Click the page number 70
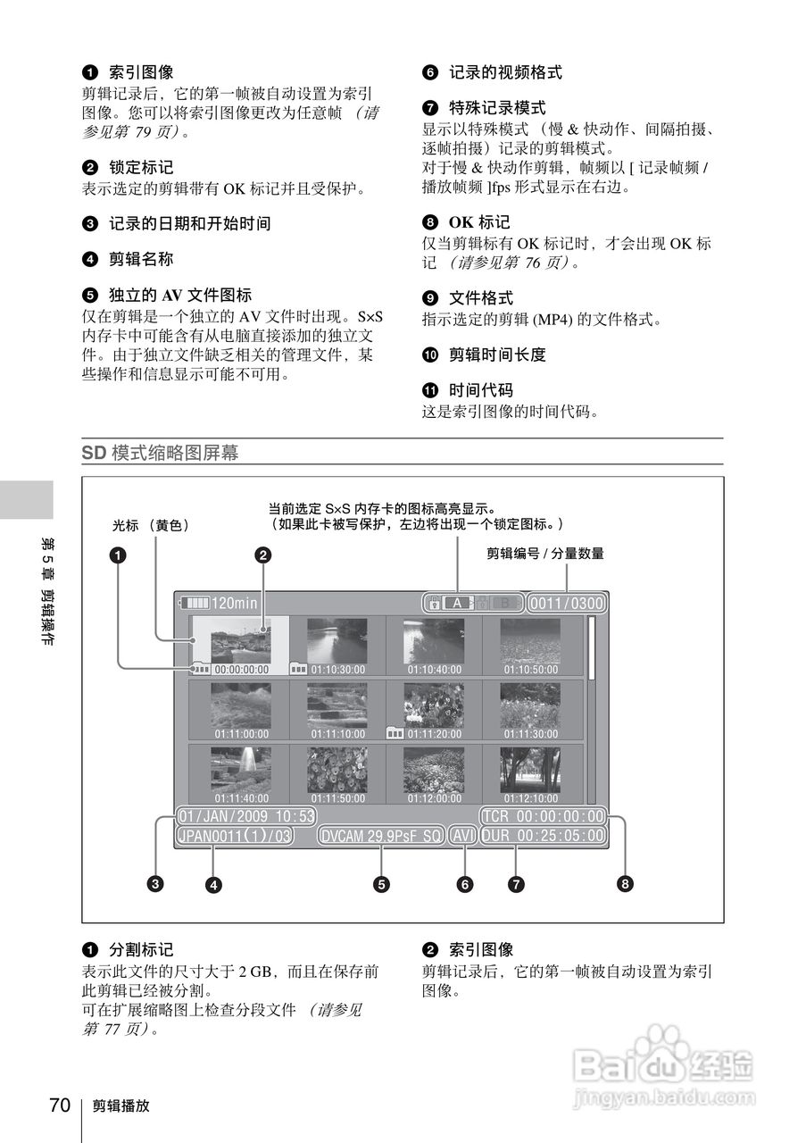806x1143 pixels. [x=60, y=1105]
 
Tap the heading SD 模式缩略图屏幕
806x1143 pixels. [x=160, y=453]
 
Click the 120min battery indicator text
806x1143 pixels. [x=234, y=603]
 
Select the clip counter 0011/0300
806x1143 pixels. [x=566, y=604]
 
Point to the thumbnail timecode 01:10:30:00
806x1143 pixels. [x=338, y=669]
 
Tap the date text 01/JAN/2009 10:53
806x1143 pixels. [x=246, y=816]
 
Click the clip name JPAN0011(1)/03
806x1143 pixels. [x=234, y=837]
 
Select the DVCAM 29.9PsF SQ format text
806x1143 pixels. [x=381, y=837]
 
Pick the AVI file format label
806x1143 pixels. [x=463, y=837]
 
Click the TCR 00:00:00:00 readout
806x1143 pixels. [x=542, y=816]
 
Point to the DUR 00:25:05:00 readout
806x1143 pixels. [x=542, y=837]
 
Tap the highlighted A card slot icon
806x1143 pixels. [x=456, y=604]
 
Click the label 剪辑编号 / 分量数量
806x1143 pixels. [x=544, y=554]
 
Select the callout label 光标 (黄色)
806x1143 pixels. [x=151, y=526]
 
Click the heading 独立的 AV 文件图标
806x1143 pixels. [x=179, y=295]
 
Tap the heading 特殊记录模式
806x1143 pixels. [x=497, y=107]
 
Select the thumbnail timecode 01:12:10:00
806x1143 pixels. [x=531, y=798]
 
